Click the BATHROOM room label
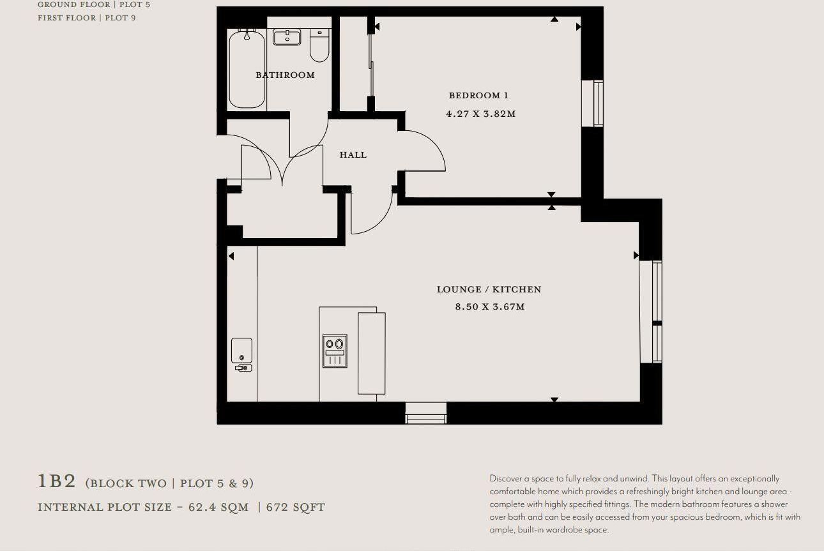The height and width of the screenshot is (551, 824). coord(285,75)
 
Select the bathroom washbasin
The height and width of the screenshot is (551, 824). coord(287,37)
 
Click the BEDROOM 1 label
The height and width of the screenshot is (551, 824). coord(478,96)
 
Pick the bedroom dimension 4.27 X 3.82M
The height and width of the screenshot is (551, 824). coord(480,114)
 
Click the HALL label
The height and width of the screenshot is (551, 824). coord(353,155)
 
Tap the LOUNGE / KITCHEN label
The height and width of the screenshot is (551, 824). coord(489,289)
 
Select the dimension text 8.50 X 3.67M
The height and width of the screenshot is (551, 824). coord(489,307)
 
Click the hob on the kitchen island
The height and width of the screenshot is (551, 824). coord(335,351)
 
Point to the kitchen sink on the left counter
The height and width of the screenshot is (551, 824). coord(241,351)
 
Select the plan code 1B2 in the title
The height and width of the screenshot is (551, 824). coord(57,481)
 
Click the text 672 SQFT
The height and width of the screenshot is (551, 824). coord(296,508)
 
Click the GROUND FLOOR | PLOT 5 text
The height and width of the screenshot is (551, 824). coord(94,4)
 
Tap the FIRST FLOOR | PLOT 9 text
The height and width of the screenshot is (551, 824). coord(86,18)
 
